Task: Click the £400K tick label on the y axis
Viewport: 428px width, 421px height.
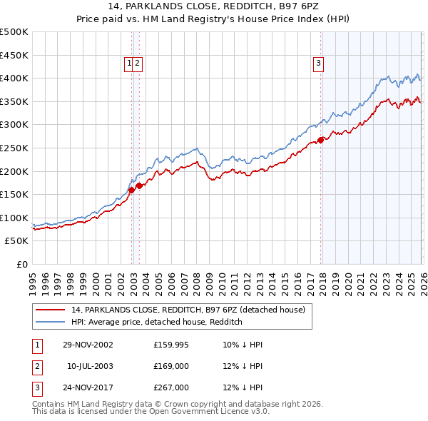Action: click(x=14, y=78)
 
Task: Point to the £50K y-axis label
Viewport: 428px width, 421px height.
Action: click(x=16, y=241)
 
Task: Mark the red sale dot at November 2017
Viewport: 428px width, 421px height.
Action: click(x=321, y=140)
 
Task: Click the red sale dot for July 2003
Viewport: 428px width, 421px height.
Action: click(x=140, y=186)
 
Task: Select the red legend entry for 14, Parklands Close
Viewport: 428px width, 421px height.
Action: click(x=188, y=310)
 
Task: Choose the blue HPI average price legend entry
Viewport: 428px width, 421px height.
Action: click(x=157, y=322)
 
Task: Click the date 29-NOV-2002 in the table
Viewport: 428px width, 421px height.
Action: click(x=88, y=345)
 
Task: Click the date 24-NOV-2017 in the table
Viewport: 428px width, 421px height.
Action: click(x=88, y=387)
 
